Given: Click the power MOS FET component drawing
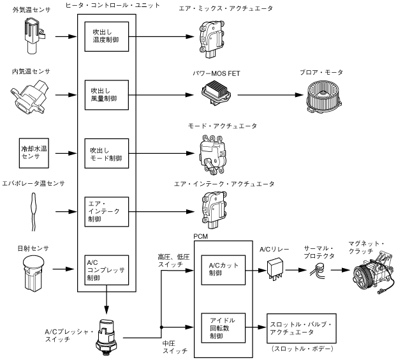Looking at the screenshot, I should (x=219, y=95).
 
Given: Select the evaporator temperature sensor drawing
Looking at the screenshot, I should (x=34, y=211).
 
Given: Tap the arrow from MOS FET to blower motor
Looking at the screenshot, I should (x=268, y=95).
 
